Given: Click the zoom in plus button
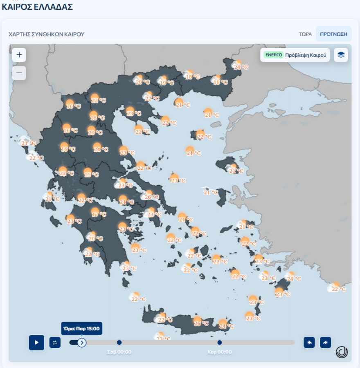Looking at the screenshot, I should pos(19,55).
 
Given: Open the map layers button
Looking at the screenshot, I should pos(341,55).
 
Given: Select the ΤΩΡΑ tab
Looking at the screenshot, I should pos(305,34).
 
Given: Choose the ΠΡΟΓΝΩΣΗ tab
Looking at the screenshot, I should pos(333,34).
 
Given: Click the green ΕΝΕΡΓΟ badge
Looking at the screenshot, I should pos(273,55).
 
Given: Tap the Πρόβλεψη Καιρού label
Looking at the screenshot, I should pos(305,55).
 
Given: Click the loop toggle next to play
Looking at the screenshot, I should pos(55,342).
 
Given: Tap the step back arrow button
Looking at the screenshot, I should pos(309,342).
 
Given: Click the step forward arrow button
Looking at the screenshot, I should pos(325,342).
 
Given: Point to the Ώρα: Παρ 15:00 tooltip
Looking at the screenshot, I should pos(81,328).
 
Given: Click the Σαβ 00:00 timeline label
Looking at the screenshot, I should pos(119,352).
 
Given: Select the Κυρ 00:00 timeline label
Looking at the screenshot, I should pos(220,352).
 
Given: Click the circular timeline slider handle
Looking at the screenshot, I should pos(82,342).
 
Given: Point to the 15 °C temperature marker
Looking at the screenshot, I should pos(91,173).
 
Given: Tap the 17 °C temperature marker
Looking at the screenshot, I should pos(98,213).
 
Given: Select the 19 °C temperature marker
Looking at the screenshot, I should pos(166,82).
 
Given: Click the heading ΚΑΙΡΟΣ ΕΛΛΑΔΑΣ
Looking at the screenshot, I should pos(37,7).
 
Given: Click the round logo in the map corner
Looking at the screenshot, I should pos(342,352).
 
